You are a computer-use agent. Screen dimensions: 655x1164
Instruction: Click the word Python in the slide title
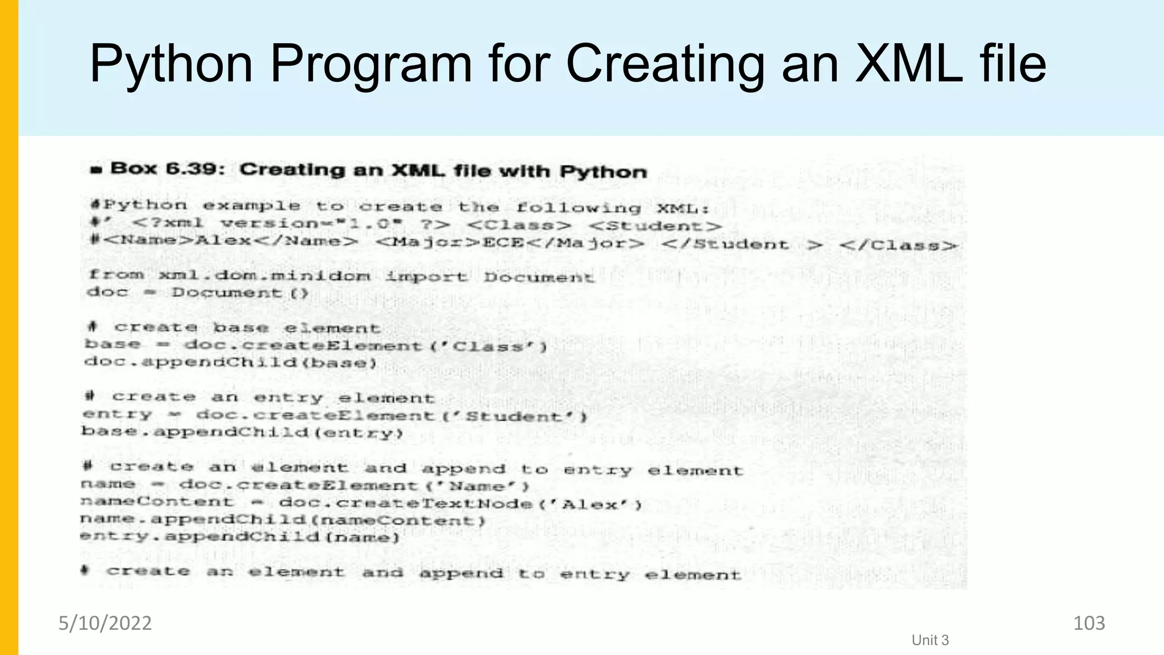coord(171,64)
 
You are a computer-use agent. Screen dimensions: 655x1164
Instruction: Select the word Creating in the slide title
coord(665,64)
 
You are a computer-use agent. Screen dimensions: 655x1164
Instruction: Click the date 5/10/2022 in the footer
coord(105,623)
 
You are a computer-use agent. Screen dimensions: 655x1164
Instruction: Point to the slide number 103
coord(1088,623)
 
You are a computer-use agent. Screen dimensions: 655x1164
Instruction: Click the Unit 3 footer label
coord(930,640)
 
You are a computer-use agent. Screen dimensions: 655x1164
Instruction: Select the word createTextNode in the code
coord(433,504)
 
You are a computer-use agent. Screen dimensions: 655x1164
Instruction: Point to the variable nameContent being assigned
coord(157,501)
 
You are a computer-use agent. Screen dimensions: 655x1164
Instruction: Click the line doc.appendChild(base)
coord(230,362)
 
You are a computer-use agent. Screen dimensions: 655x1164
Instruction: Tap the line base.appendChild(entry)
coord(242,432)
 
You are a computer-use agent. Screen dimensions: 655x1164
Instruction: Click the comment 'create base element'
coord(247,328)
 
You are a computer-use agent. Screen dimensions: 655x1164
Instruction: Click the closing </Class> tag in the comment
coord(899,246)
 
